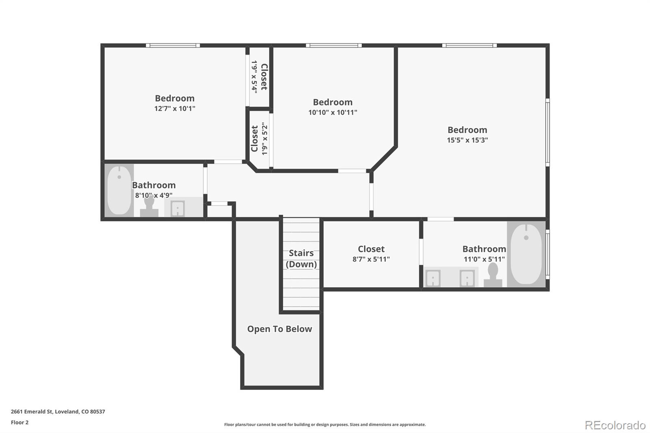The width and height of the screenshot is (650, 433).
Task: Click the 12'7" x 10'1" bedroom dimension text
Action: point(175,108)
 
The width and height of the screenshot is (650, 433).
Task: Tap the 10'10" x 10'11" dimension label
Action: point(333,113)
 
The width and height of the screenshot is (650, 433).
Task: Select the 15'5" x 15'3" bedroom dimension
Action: point(467,140)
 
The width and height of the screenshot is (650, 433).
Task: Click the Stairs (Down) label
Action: point(301,259)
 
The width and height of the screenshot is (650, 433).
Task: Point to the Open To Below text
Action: point(279,329)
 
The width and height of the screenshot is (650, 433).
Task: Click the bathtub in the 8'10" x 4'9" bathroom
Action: point(119,191)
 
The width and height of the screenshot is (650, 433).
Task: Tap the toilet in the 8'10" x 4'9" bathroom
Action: point(149,206)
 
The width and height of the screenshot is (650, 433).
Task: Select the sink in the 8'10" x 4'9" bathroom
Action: point(178,208)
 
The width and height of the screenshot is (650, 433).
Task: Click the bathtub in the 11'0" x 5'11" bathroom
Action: point(526,254)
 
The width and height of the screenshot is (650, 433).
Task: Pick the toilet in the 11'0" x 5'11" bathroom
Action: point(493,275)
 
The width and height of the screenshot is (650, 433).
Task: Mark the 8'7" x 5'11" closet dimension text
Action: point(371,259)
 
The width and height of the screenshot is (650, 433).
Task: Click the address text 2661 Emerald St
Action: point(32,411)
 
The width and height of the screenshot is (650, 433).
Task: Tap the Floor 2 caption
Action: point(20,422)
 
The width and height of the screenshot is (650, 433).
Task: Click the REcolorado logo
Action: point(615,425)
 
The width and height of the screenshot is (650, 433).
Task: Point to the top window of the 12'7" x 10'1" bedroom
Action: point(173,45)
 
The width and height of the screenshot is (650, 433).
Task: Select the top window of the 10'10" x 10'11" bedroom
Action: point(334,45)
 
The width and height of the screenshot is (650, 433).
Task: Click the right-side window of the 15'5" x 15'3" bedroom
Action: point(548,132)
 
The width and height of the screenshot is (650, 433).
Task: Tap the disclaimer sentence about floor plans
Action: point(325,424)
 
